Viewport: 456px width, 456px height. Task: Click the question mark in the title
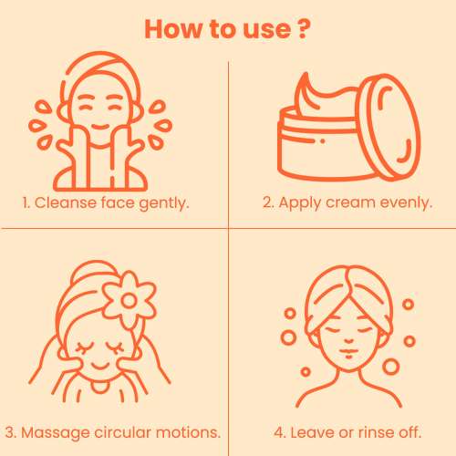coord(303,29)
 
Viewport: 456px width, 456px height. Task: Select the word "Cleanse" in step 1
coord(66,202)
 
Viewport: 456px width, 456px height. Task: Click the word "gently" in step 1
coord(164,203)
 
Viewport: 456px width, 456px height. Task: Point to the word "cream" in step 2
coord(350,202)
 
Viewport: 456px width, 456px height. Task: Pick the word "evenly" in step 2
coord(406,203)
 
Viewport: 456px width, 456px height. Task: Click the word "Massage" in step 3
coord(55,433)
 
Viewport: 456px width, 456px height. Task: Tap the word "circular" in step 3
coord(123,432)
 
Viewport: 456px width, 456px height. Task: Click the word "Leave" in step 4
coord(312,432)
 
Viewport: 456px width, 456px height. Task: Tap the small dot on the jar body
coord(323,141)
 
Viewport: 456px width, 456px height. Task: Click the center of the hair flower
coord(129,300)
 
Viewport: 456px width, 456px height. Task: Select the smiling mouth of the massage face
coord(100,366)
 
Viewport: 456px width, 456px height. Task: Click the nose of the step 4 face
coord(348,341)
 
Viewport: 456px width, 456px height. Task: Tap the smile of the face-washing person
coord(100,127)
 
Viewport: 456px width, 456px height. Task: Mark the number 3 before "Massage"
coord(10,432)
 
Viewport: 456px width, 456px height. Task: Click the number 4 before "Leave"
coord(279,432)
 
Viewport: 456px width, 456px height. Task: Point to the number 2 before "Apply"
coord(268,202)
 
